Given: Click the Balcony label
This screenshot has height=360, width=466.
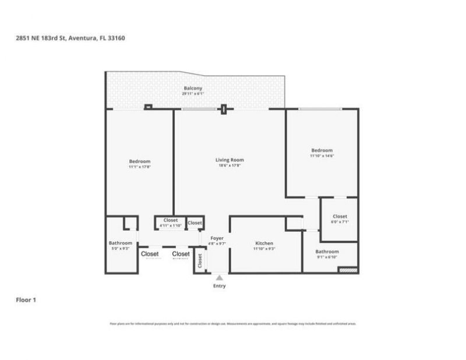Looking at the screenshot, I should pyautogui.click(x=193, y=88).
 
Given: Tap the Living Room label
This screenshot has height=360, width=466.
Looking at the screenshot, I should pyautogui.click(x=230, y=160).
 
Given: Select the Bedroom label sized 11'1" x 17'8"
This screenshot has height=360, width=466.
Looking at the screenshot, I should pyautogui.click(x=140, y=161).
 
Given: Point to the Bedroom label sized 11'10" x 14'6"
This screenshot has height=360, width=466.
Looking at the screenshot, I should pyautogui.click(x=322, y=150).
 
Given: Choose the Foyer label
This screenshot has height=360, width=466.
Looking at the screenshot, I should pyautogui.click(x=217, y=238).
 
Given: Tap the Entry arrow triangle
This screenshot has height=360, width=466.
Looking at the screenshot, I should pyautogui.click(x=219, y=278).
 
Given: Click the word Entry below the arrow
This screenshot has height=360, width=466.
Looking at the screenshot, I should pyautogui.click(x=219, y=286).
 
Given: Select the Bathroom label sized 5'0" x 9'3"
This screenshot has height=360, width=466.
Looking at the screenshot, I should pyautogui.click(x=121, y=243).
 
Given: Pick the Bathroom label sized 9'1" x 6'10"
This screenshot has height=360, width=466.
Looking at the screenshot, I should pyautogui.click(x=327, y=252).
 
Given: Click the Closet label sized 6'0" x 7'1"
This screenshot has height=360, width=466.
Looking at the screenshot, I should pyautogui.click(x=340, y=216).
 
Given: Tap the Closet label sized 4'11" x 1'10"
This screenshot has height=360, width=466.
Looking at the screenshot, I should pyautogui.click(x=171, y=220).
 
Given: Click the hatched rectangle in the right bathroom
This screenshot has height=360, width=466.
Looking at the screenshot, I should pyautogui.click(x=348, y=270).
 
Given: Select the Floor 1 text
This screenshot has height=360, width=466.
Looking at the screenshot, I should pyautogui.click(x=26, y=300).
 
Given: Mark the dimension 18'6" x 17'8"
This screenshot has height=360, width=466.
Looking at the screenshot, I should pyautogui.click(x=230, y=165).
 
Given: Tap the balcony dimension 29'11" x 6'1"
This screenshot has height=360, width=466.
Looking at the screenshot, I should pyautogui.click(x=193, y=94).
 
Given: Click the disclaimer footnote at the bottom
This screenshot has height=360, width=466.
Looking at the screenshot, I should pyautogui.click(x=233, y=323).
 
